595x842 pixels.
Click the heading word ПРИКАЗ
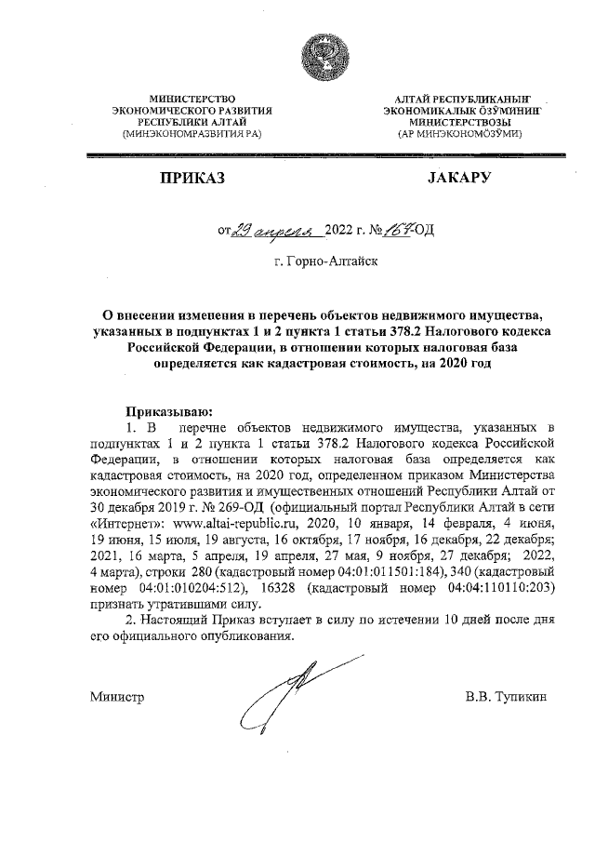191,178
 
